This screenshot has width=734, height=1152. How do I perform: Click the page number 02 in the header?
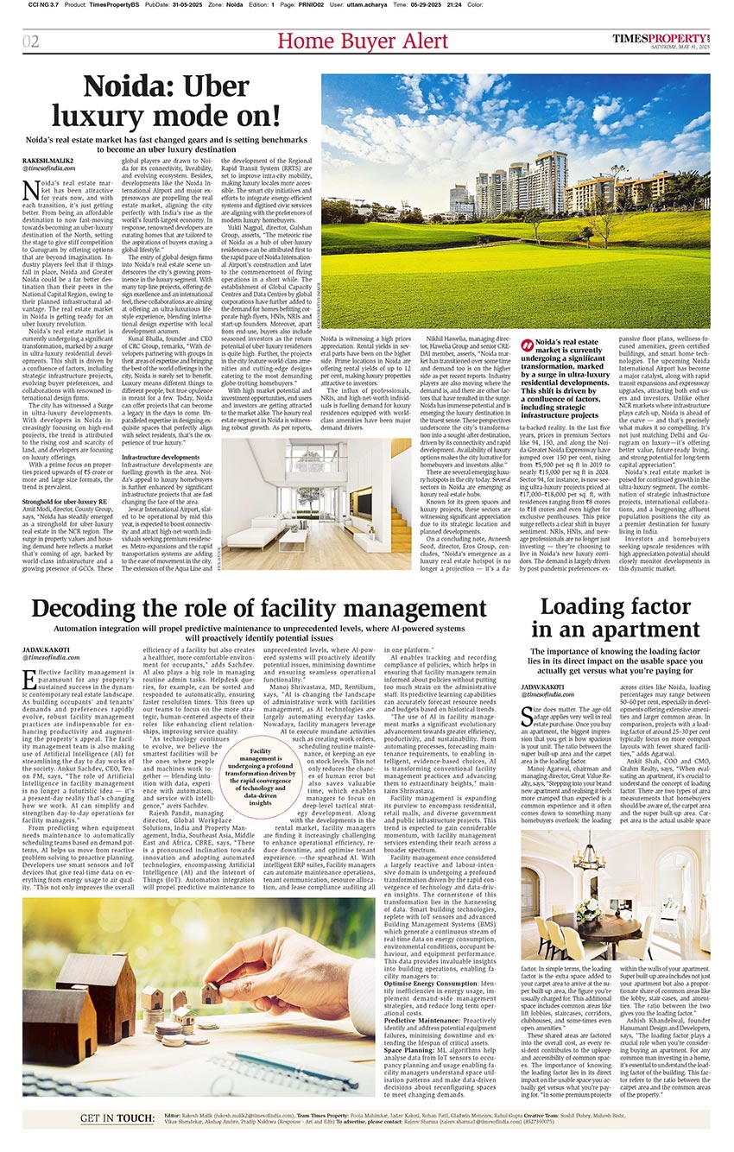click(x=31, y=42)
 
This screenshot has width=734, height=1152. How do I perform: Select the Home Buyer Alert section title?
click(x=363, y=41)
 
